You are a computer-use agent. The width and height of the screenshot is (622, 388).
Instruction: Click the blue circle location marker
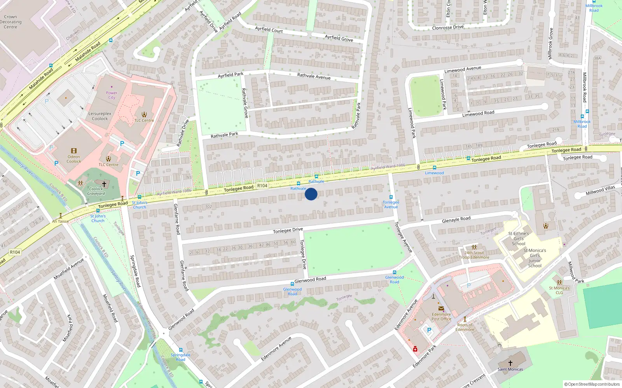(x=311, y=194)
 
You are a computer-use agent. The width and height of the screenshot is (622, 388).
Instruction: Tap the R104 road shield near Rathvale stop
(x=262, y=185)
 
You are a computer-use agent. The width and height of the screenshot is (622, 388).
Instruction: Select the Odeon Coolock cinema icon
(x=74, y=151)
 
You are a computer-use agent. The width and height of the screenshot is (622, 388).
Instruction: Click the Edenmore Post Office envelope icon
(x=441, y=309)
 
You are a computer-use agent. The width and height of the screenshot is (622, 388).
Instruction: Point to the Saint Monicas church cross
(x=510, y=363)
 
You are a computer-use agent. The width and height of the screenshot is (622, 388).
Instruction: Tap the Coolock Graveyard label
(x=96, y=191)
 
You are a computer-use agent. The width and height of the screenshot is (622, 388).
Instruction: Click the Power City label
(x=112, y=95)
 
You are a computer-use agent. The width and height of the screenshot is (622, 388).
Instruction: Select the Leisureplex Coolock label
(x=100, y=116)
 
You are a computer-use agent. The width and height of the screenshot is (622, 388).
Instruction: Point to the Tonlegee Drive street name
(x=288, y=230)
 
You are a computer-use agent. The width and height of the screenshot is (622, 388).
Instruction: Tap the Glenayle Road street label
(x=456, y=219)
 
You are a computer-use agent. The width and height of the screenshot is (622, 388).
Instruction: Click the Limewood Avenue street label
(x=463, y=69)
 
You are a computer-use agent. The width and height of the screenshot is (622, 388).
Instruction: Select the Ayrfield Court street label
(x=269, y=29)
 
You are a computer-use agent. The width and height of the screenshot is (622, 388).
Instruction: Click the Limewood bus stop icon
(x=435, y=168)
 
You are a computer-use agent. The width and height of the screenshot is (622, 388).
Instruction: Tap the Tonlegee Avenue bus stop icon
(x=391, y=197)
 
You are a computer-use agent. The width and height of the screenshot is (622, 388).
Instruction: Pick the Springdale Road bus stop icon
(x=180, y=350)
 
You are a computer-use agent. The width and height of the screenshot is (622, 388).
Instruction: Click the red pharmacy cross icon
(x=415, y=349)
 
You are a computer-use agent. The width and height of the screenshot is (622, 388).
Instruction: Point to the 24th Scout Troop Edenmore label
(x=474, y=255)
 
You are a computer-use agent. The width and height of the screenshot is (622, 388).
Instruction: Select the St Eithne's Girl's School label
(x=519, y=239)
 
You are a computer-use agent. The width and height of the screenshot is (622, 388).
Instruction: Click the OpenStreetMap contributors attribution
(x=592, y=384)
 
